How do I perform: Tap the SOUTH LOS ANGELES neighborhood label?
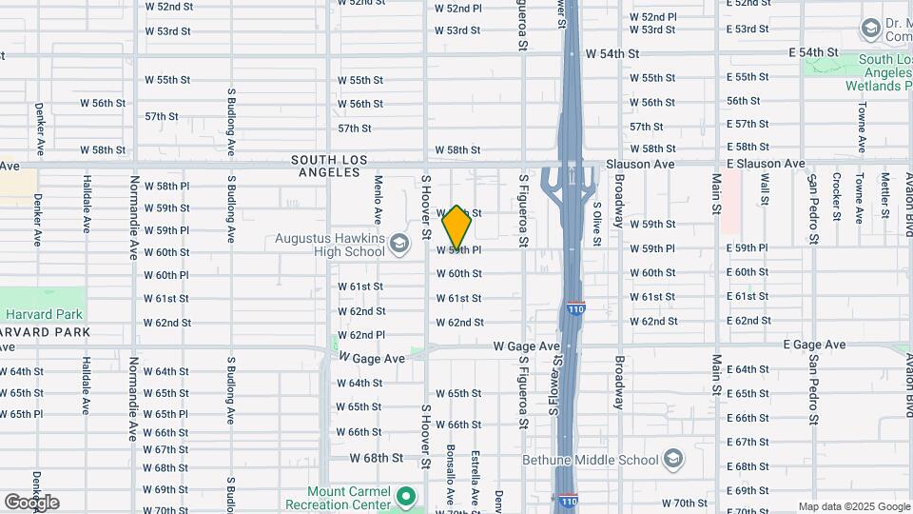(326, 167)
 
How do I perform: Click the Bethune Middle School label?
(591, 460)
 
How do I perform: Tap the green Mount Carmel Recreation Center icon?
(406, 496)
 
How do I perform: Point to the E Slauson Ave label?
(766, 164)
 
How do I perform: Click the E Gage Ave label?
(814, 345)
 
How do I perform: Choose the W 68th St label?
(377, 457)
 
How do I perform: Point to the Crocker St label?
(836, 194)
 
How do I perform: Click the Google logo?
(31, 502)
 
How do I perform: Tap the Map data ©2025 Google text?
(853, 506)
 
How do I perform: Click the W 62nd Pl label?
(362, 335)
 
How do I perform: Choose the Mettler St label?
(884, 194)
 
